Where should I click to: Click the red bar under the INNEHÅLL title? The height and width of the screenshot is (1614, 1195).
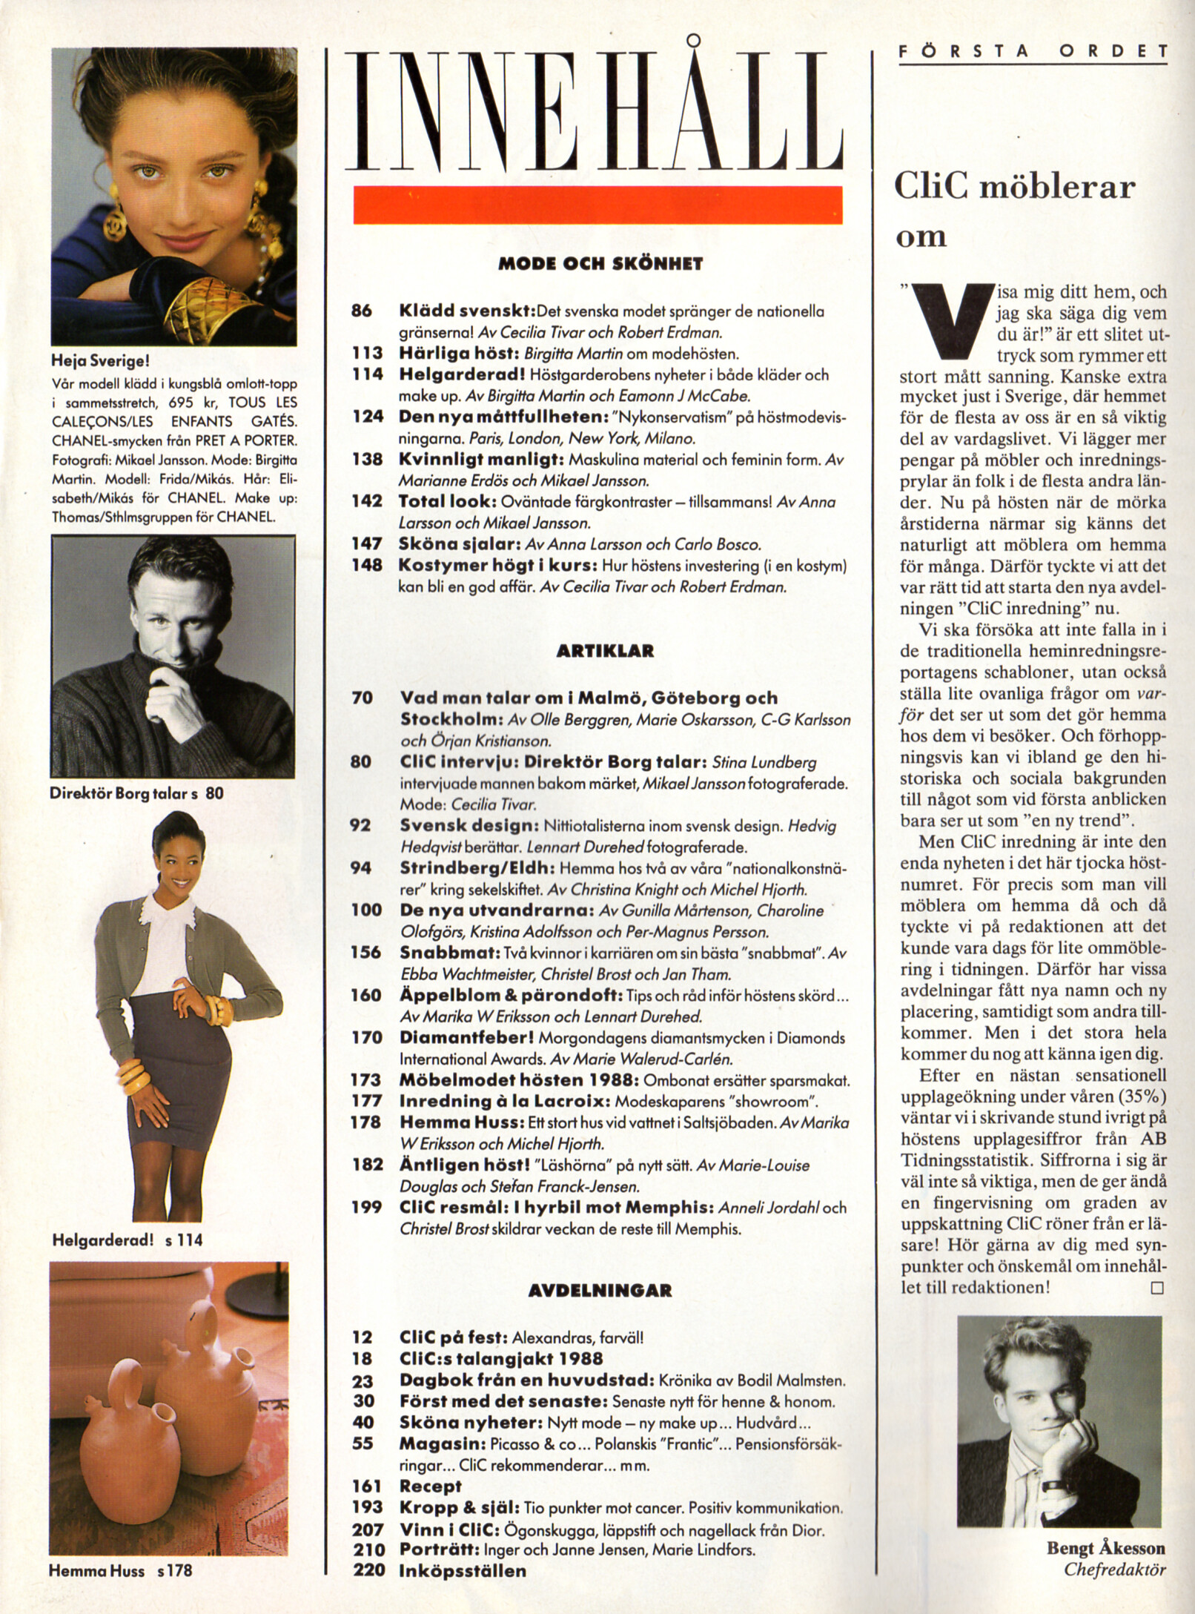click(x=597, y=205)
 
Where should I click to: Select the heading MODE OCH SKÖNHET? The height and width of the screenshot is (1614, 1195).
click(x=600, y=264)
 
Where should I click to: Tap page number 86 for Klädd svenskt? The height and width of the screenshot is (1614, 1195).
click(x=362, y=311)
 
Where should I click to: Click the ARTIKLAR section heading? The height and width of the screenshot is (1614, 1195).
click(x=605, y=652)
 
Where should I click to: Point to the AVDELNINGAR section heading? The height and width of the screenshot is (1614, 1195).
click(x=600, y=1291)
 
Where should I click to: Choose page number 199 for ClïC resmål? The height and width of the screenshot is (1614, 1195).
click(x=366, y=1208)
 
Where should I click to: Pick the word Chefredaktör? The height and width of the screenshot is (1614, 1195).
click(x=1115, y=1569)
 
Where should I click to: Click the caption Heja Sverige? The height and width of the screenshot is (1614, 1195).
click(x=100, y=362)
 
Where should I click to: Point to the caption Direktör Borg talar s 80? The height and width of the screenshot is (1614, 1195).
click(x=136, y=793)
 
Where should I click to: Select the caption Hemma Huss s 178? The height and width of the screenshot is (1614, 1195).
click(x=121, y=1570)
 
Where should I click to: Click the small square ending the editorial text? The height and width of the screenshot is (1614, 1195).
click(x=1156, y=1288)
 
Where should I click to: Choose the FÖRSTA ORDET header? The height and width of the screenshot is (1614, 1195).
click(x=1033, y=51)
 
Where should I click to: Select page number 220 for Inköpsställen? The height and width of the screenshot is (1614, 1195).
click(x=368, y=1570)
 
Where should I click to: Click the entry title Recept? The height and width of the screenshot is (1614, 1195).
click(x=430, y=1486)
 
